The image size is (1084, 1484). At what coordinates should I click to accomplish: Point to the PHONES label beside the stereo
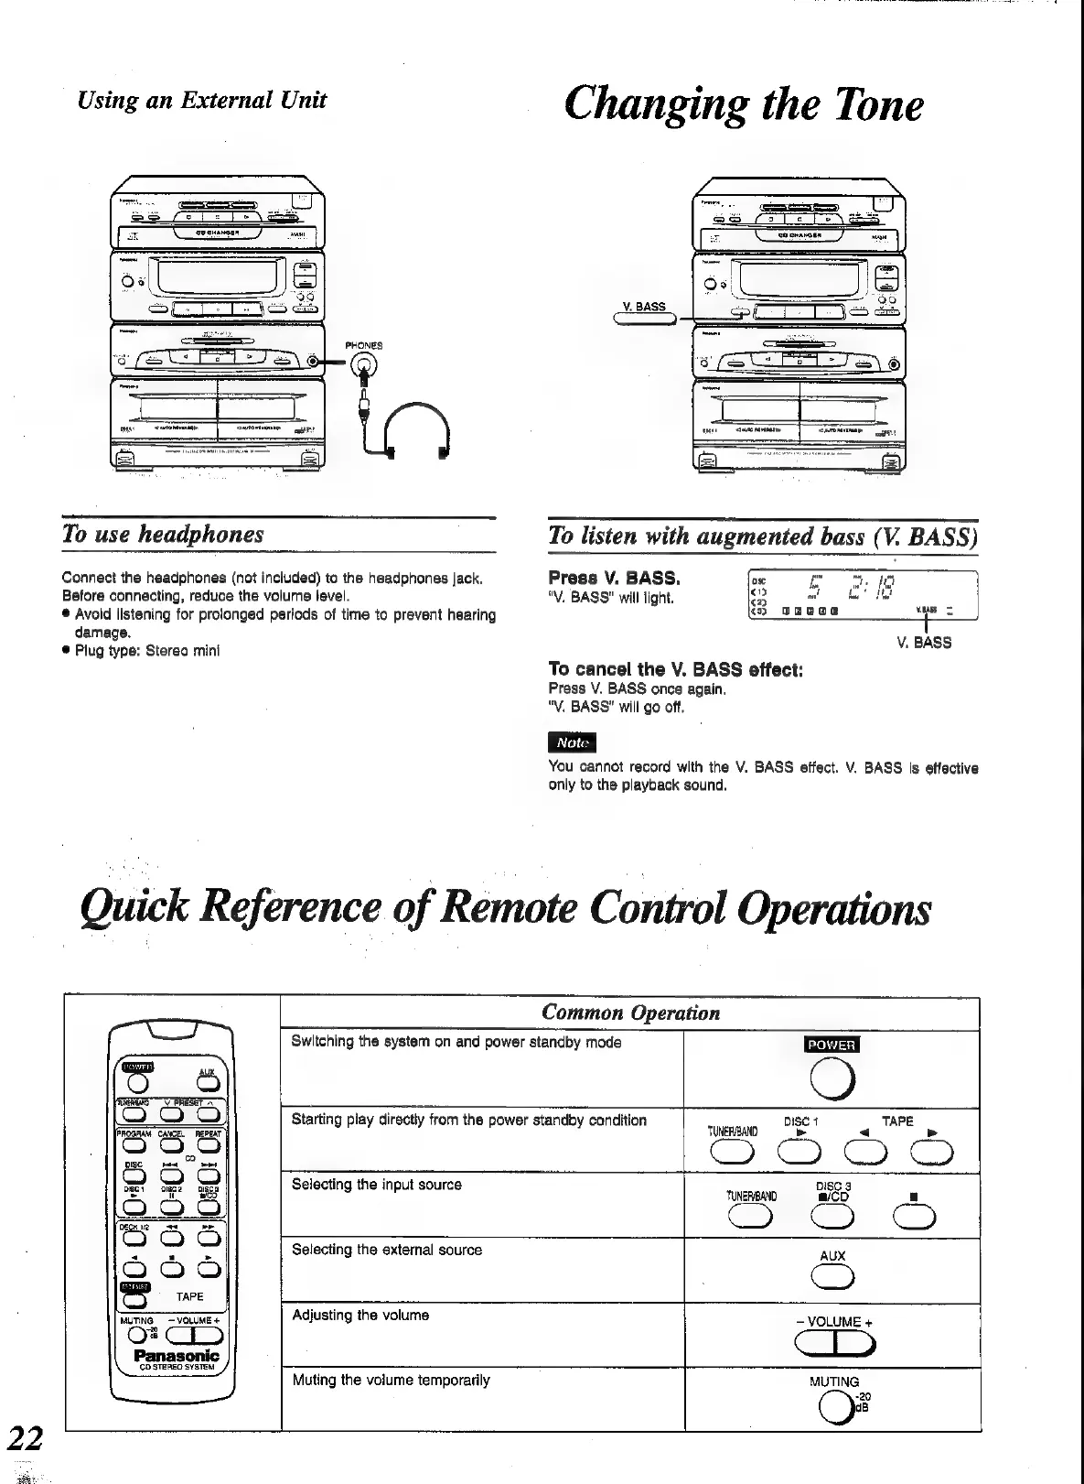pyautogui.click(x=364, y=345)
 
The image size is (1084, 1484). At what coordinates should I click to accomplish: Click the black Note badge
pyautogui.click(x=571, y=742)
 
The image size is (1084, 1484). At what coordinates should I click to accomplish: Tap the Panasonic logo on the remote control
pyautogui.click(x=177, y=1354)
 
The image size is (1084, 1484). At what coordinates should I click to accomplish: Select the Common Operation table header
pyautogui.click(x=630, y=1013)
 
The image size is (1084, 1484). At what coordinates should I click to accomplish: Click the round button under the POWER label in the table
pyautogui.click(x=832, y=1081)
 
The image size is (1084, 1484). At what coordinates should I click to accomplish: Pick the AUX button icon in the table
pyautogui.click(x=832, y=1277)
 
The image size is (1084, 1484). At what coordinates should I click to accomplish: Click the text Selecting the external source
pyautogui.click(x=386, y=1250)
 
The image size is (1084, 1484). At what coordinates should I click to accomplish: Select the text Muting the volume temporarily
pyautogui.click(x=391, y=1380)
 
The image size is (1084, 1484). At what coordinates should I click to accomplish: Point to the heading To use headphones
pyautogui.click(x=163, y=534)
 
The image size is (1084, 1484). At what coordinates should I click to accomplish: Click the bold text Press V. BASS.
pyautogui.click(x=614, y=579)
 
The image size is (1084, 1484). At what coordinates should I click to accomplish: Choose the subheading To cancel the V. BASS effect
pyautogui.click(x=675, y=669)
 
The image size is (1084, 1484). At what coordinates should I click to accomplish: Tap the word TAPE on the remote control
pyautogui.click(x=190, y=1296)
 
